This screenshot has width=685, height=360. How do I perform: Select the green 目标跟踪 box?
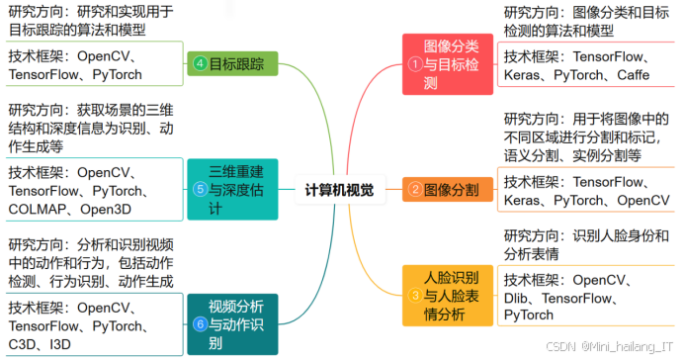click(232, 64)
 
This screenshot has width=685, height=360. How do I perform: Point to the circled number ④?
click(201, 64)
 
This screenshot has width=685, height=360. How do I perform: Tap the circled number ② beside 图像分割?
click(415, 189)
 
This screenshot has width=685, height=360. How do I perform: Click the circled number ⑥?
click(201, 323)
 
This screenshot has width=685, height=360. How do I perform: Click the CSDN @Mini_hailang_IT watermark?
click(614, 348)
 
